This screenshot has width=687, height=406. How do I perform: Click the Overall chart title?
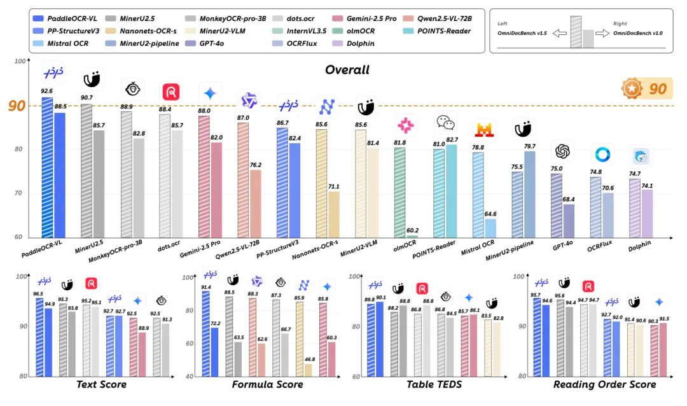pyautogui.click(x=347, y=69)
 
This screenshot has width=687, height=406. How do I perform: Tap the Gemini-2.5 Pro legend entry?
pyautogui.click(x=381, y=19)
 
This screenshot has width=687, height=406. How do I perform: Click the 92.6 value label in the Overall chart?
pyautogui.click(x=47, y=91)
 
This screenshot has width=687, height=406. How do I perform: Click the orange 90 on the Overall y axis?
pyautogui.click(x=17, y=106)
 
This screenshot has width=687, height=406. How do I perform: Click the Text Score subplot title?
pyautogui.click(x=101, y=384)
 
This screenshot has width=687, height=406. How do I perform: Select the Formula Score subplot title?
pyautogui.click(x=267, y=384)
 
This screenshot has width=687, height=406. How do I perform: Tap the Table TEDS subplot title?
pyautogui.click(x=434, y=384)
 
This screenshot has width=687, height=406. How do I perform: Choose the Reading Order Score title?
pyautogui.click(x=604, y=384)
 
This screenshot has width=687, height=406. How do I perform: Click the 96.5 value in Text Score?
pyautogui.click(x=38, y=293)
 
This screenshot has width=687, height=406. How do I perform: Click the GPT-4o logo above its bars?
pyautogui.click(x=562, y=151)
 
